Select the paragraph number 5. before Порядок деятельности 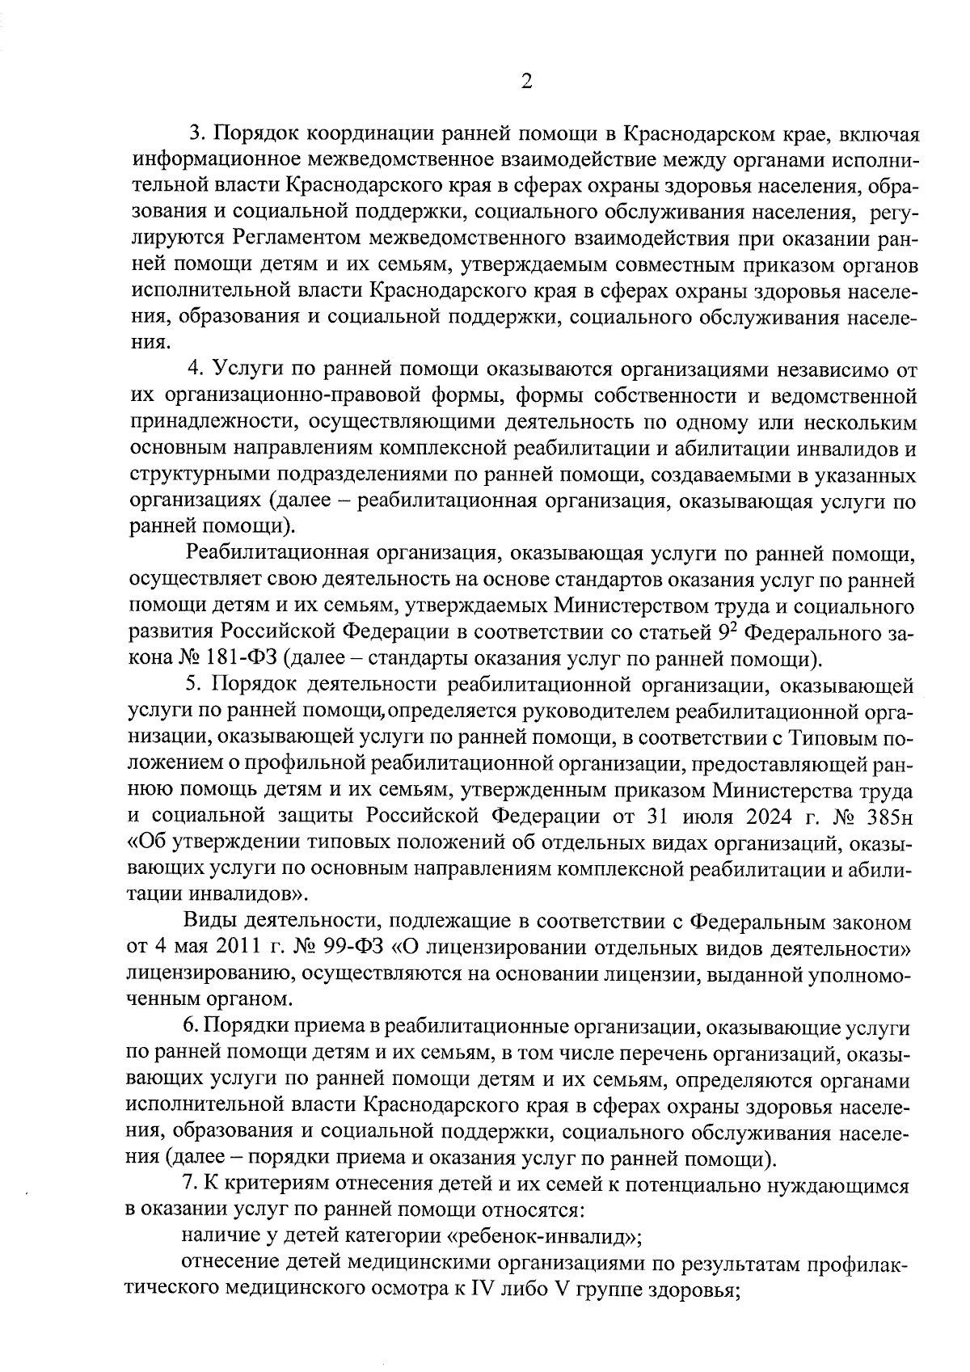192,684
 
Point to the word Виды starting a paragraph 209,922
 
